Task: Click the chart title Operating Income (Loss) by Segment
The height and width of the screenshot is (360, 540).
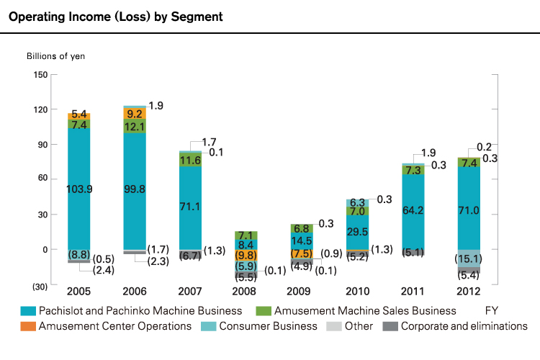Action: (x=115, y=16)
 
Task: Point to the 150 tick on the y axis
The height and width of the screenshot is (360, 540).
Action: (x=40, y=74)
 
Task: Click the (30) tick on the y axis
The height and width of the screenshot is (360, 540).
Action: (x=40, y=286)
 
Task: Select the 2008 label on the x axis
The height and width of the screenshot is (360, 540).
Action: (x=245, y=292)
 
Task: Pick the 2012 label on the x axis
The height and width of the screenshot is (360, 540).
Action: (x=469, y=292)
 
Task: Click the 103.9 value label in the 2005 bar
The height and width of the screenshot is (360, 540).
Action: (x=78, y=189)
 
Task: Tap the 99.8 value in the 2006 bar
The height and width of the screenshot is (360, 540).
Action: (x=135, y=189)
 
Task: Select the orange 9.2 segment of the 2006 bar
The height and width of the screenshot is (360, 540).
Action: (x=135, y=114)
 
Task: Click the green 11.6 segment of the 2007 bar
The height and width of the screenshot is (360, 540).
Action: (x=190, y=160)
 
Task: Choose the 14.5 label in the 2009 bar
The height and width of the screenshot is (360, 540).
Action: (x=302, y=240)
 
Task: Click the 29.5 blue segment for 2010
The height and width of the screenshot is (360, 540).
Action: (x=358, y=231)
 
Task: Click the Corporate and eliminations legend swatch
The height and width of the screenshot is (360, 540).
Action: (x=390, y=326)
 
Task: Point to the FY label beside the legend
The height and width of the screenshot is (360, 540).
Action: (x=492, y=311)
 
